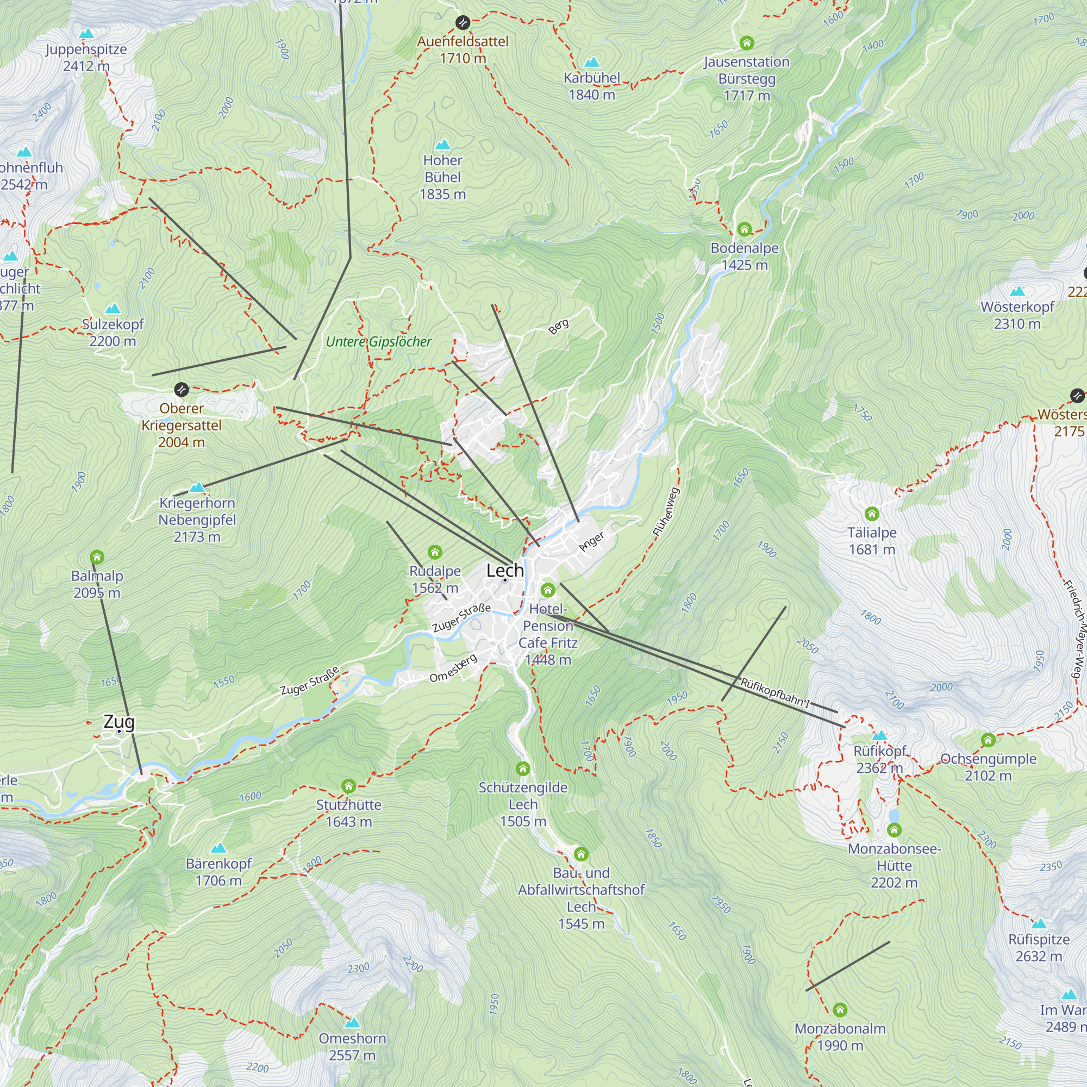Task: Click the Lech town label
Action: pyautogui.click(x=505, y=571)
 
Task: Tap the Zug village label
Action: pyautogui.click(x=118, y=721)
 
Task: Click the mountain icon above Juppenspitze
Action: pyautogui.click(x=86, y=34)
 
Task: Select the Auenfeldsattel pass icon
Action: pyautogui.click(x=463, y=22)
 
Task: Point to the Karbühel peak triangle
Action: pyautogui.click(x=591, y=62)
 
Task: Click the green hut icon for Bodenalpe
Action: pyautogui.click(x=745, y=229)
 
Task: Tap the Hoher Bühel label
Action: pyautogui.click(x=443, y=177)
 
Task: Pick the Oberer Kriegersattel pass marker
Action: pyautogui.click(x=181, y=389)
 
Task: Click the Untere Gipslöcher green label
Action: pyautogui.click(x=379, y=341)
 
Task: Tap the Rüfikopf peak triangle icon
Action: pyautogui.click(x=879, y=735)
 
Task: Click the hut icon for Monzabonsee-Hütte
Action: pyautogui.click(x=894, y=830)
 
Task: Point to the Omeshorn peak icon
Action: pyautogui.click(x=352, y=1022)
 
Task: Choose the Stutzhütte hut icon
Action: pyautogui.click(x=348, y=786)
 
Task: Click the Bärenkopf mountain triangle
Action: pyautogui.click(x=218, y=847)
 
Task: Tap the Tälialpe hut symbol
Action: pyautogui.click(x=872, y=514)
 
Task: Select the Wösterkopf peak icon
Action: pyautogui.click(x=1017, y=291)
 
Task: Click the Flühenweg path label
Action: pyautogui.click(x=666, y=512)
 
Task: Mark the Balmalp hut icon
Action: pyautogui.click(x=97, y=557)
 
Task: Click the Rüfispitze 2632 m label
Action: pyautogui.click(x=1039, y=947)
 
